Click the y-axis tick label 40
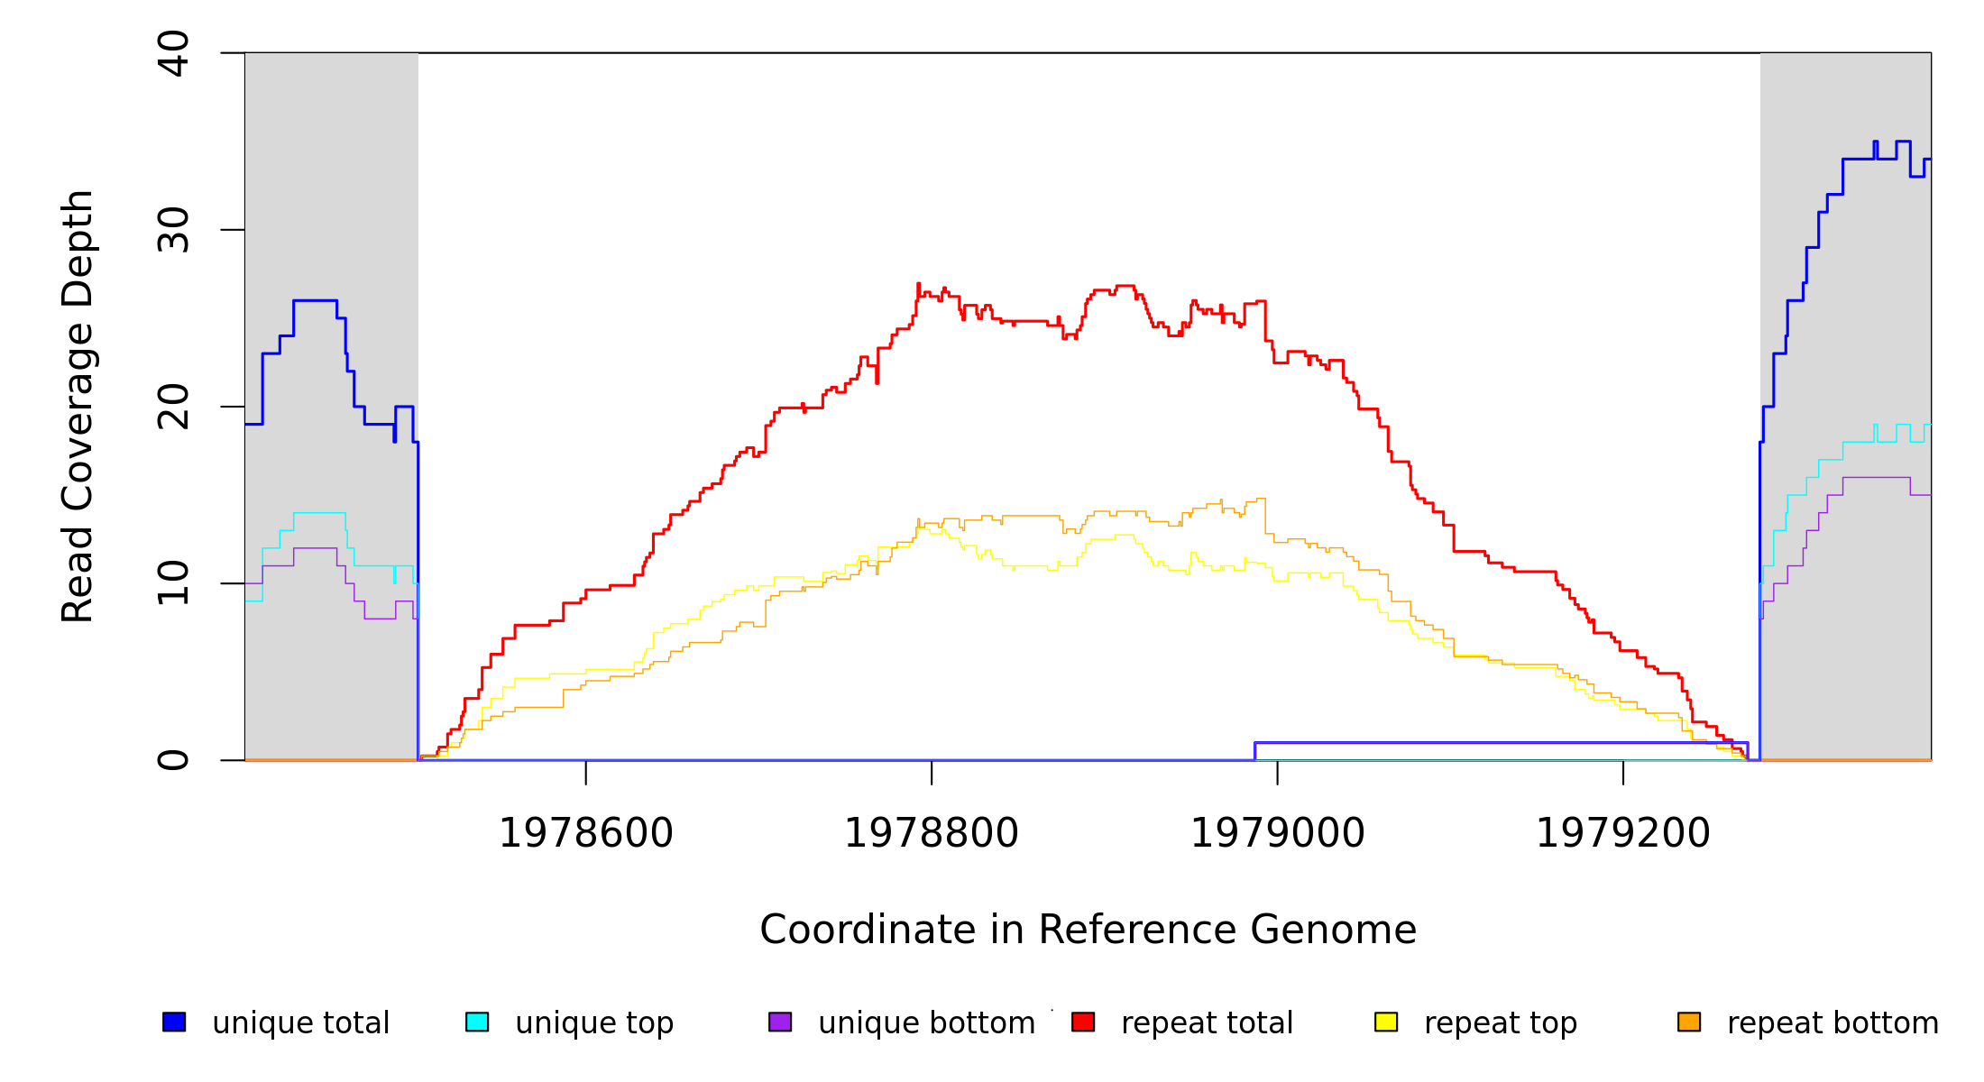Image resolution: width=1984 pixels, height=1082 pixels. click(173, 53)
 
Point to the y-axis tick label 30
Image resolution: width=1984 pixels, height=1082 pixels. click(173, 230)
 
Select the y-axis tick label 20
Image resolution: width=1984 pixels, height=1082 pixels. click(173, 407)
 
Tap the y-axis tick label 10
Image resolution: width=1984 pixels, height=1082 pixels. click(173, 583)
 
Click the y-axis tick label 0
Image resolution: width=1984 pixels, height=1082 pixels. click(173, 760)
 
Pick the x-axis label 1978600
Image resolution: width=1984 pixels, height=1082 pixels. click(586, 834)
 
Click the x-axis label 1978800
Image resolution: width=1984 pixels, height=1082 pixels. click(932, 834)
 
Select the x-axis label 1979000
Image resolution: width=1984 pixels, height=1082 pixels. click(1278, 834)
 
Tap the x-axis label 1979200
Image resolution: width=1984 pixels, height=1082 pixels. click(1623, 834)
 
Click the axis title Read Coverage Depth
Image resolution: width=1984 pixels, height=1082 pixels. click(78, 407)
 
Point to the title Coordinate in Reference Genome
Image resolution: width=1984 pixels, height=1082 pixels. click(1088, 931)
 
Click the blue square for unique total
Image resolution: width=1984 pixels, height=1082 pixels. click(174, 1022)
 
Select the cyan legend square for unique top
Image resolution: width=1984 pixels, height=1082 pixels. click(477, 1022)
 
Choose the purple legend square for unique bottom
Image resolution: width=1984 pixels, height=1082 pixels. click(780, 1022)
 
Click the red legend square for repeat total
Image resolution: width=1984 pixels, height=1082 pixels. click(1083, 1022)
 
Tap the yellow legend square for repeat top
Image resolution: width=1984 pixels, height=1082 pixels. click(1386, 1022)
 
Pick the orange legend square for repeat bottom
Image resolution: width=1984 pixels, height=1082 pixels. click(1689, 1022)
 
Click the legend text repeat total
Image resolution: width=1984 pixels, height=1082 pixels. click(1207, 1023)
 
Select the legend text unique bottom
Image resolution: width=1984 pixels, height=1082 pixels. click(926, 1023)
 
